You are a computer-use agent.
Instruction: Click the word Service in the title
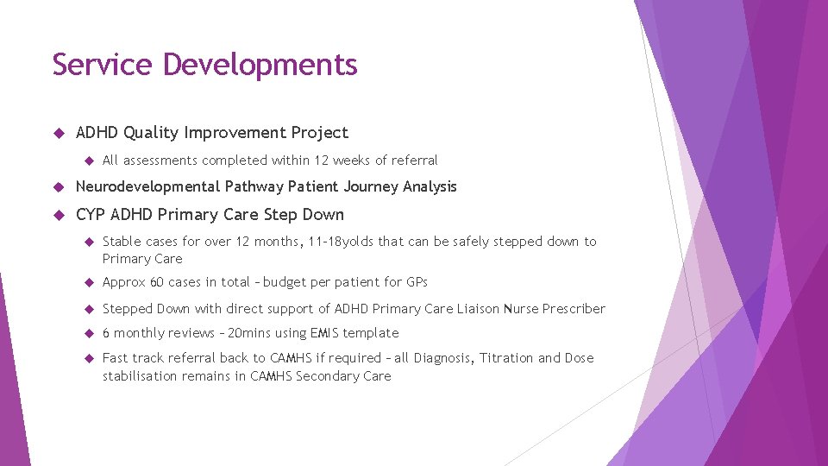(103, 65)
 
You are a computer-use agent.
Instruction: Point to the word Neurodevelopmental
(147, 187)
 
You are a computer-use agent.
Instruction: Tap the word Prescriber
(572, 309)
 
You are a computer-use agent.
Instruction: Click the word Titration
(505, 358)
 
